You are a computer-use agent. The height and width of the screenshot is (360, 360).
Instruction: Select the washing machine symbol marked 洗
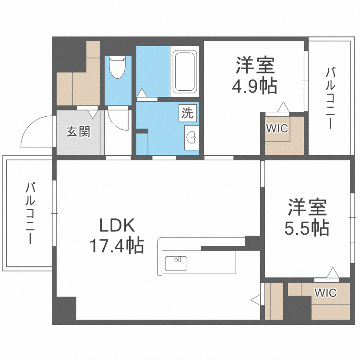188,113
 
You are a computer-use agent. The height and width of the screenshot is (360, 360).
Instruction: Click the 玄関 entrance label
78,132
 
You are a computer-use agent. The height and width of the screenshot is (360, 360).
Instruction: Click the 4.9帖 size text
254,86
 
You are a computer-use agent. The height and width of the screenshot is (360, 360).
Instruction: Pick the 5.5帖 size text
307,228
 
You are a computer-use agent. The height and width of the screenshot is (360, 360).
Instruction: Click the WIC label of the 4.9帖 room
277,129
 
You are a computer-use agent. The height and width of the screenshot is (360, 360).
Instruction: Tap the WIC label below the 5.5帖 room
325,292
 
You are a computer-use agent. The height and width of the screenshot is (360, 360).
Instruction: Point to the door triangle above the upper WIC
284,106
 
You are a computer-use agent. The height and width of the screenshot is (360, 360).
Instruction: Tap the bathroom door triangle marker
143,93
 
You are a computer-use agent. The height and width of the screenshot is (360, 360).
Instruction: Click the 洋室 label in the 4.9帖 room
254,65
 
